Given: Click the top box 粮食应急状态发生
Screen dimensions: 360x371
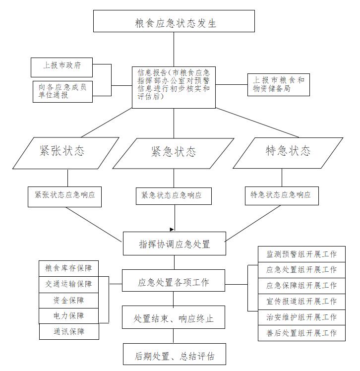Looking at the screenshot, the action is (174, 21).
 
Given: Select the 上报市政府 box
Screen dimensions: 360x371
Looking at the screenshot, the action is (61, 67).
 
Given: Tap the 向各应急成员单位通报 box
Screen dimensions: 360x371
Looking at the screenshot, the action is (62, 92).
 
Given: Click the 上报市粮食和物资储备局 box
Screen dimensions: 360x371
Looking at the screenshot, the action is (278, 85).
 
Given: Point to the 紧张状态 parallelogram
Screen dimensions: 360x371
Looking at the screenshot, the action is (65, 153).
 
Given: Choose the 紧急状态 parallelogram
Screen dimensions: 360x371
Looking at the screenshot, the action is (173, 154).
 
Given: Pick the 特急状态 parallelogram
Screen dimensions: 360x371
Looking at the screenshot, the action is (288, 153).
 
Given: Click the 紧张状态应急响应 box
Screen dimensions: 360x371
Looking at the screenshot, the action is (64, 197).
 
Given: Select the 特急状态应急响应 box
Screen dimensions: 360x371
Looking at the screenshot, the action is (282, 196).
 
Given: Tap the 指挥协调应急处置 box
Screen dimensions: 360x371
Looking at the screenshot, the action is (175, 244).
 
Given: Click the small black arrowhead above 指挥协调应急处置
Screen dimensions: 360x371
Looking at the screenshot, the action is (172, 229).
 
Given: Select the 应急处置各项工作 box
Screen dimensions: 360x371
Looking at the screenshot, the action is (174, 280).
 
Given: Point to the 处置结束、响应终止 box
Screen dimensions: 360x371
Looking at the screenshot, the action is (174, 317).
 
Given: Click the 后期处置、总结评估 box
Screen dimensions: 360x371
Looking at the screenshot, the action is (175, 354).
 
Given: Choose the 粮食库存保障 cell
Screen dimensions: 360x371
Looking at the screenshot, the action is (68, 268).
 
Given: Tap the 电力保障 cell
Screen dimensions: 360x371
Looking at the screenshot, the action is (68, 316).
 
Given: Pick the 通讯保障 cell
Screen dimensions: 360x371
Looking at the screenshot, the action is (69, 332).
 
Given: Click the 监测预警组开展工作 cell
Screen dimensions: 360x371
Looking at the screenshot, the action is (301, 254).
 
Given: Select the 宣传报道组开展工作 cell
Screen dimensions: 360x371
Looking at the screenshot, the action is (301, 302).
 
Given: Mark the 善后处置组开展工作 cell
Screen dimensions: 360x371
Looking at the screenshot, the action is (301, 333).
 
